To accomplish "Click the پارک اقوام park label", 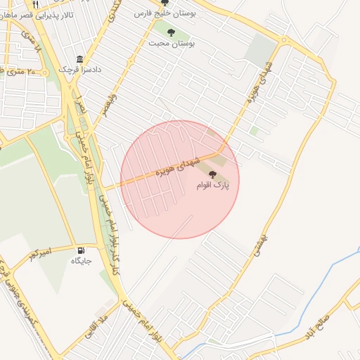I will (x=217, y=185).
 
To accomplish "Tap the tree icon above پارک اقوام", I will (x=213, y=174).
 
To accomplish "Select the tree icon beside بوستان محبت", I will (x=171, y=32).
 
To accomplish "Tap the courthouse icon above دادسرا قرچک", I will (x=79, y=59).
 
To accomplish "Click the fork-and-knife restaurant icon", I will (x=35, y=4).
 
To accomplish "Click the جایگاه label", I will (x=81, y=261).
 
